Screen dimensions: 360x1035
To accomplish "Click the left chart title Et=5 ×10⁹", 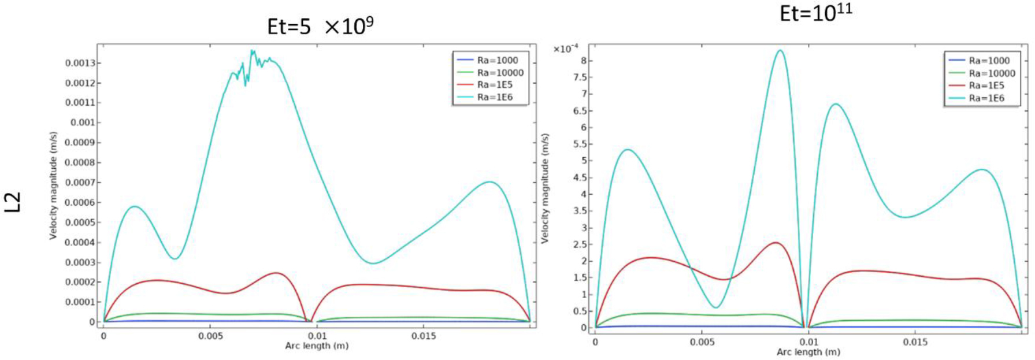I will (320, 27).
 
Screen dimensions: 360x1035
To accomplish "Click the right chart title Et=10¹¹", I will (815, 13).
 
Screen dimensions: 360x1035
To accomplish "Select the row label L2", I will (13, 202).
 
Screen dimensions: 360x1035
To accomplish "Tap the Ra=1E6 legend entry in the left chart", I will (494, 97).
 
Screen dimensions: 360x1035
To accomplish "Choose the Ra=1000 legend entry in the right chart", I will (989, 61).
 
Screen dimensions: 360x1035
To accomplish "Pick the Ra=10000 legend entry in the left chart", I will (500, 73).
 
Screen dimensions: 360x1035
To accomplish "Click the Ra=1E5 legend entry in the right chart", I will (986, 86).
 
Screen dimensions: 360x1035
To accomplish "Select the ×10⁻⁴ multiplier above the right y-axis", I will (566, 49).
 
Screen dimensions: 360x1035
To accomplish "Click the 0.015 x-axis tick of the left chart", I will (424, 336).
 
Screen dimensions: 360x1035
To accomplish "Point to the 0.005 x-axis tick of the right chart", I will (702, 342).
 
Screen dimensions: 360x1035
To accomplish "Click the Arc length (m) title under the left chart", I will (317, 346).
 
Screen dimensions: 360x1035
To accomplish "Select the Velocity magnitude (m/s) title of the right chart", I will (545, 188).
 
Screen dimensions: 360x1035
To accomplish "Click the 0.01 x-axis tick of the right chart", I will (808, 342).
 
